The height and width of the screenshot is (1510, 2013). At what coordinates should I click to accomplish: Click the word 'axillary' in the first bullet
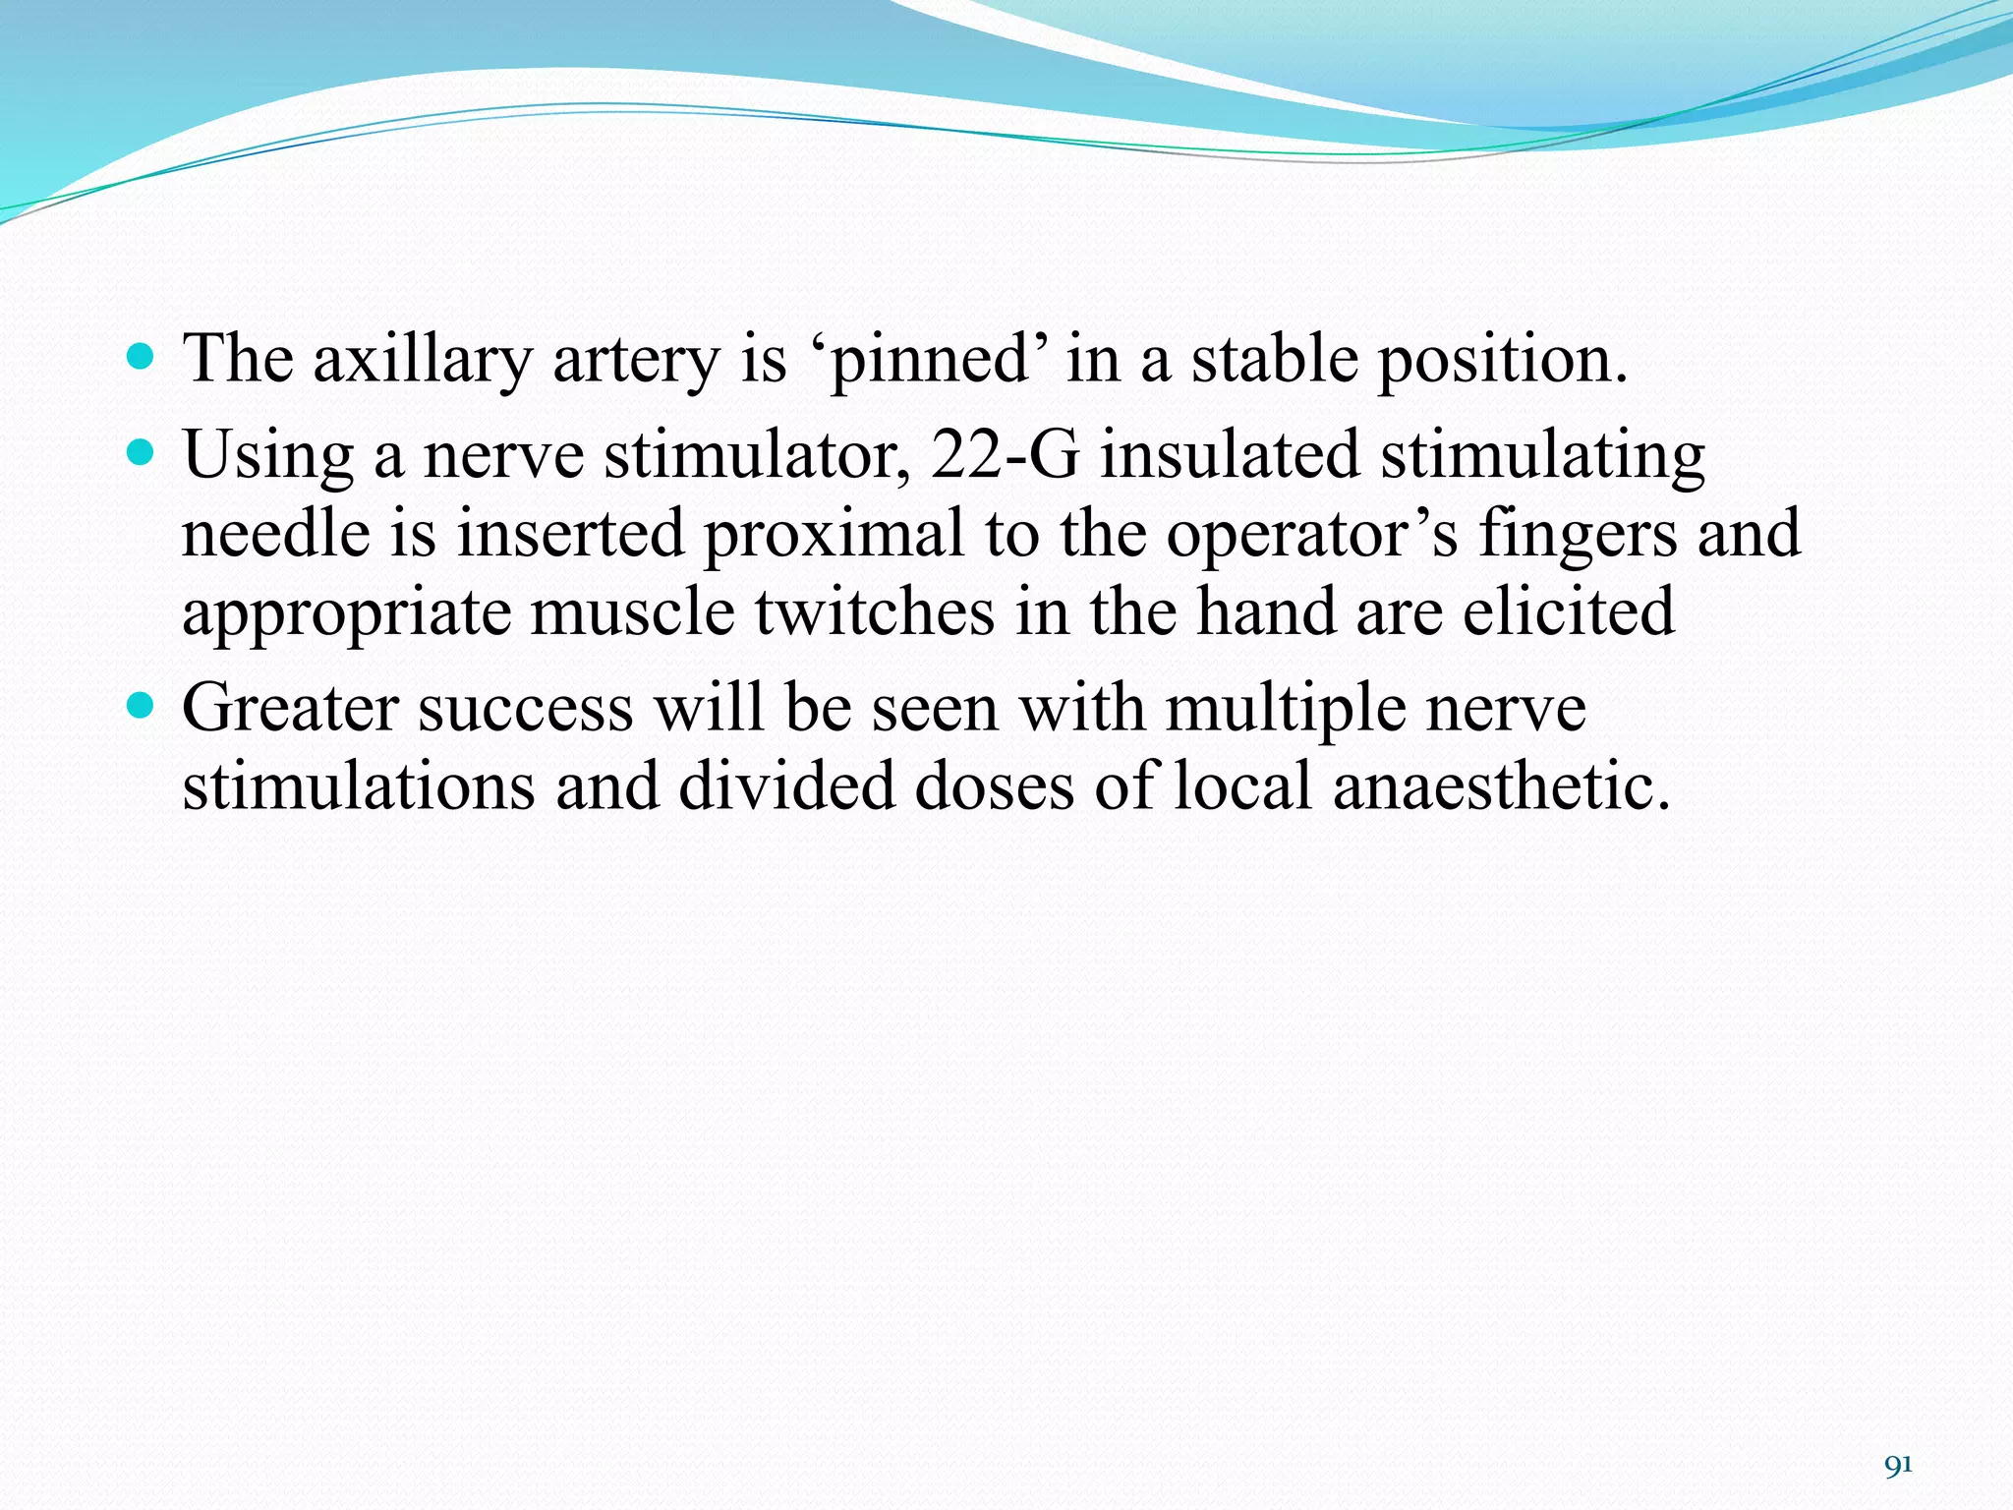click(x=422, y=360)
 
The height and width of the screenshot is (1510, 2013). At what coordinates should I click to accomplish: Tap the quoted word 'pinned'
click(x=928, y=360)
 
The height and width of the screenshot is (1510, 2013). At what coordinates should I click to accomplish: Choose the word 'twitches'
click(x=875, y=611)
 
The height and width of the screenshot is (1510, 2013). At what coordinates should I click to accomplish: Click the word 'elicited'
click(x=1569, y=611)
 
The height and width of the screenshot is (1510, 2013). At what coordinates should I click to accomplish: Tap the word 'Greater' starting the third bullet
click(x=290, y=708)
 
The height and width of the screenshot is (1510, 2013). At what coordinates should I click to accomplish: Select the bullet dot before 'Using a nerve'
click(x=142, y=452)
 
